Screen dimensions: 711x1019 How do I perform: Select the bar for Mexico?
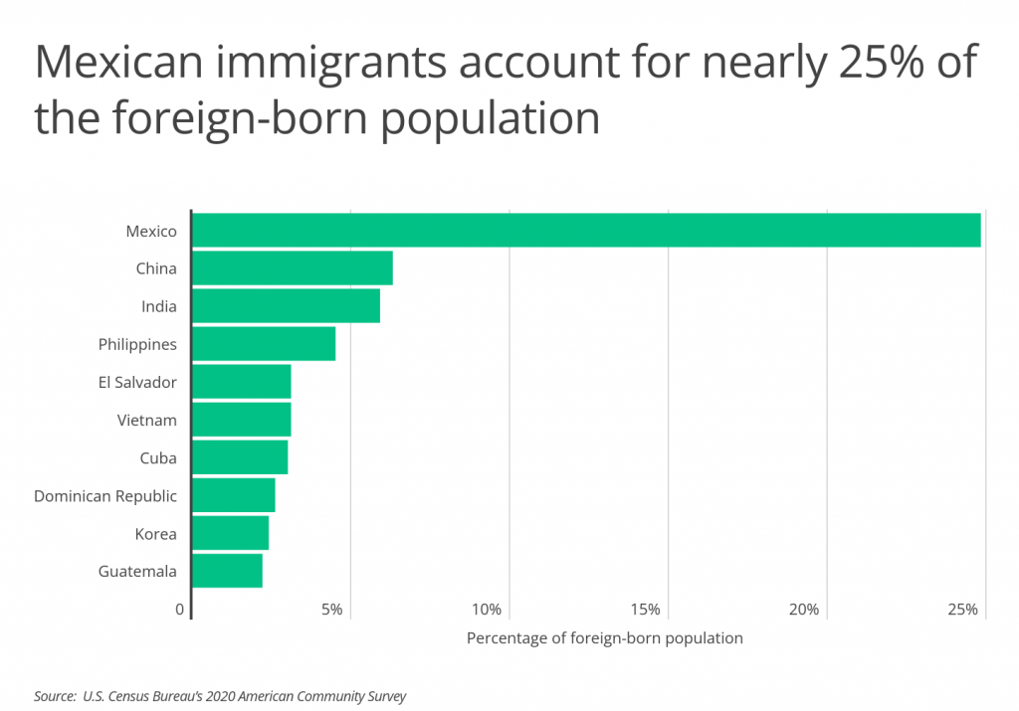(x=585, y=231)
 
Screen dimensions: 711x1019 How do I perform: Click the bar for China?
(x=292, y=268)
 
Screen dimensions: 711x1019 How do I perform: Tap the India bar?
(x=286, y=306)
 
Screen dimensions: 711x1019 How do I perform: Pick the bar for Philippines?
(x=263, y=344)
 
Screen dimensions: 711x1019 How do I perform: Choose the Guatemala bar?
(x=227, y=571)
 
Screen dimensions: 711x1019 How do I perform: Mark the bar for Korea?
(x=230, y=534)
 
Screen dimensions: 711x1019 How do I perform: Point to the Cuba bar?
(x=239, y=457)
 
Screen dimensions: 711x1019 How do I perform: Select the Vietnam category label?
(x=146, y=420)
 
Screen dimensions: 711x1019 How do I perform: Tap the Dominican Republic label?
(x=105, y=495)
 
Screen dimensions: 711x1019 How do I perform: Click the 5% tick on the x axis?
(x=331, y=610)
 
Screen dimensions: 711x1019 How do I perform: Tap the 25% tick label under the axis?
(x=963, y=610)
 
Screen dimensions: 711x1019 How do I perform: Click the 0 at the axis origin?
(x=180, y=610)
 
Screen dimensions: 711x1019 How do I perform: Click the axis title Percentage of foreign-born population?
(x=604, y=638)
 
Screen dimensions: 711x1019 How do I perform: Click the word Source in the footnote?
(x=55, y=696)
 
